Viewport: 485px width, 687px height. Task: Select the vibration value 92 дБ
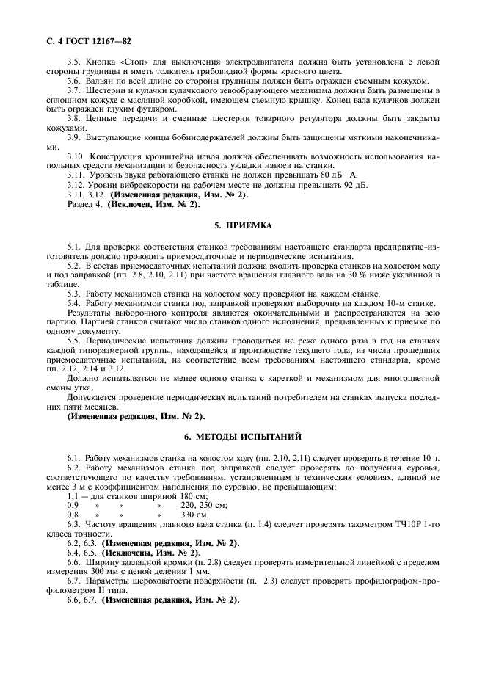pyautogui.click(x=353, y=186)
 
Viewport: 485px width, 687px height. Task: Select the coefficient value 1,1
pyautogui.click(x=73, y=495)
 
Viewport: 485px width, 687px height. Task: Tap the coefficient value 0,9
pyautogui.click(x=73, y=505)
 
